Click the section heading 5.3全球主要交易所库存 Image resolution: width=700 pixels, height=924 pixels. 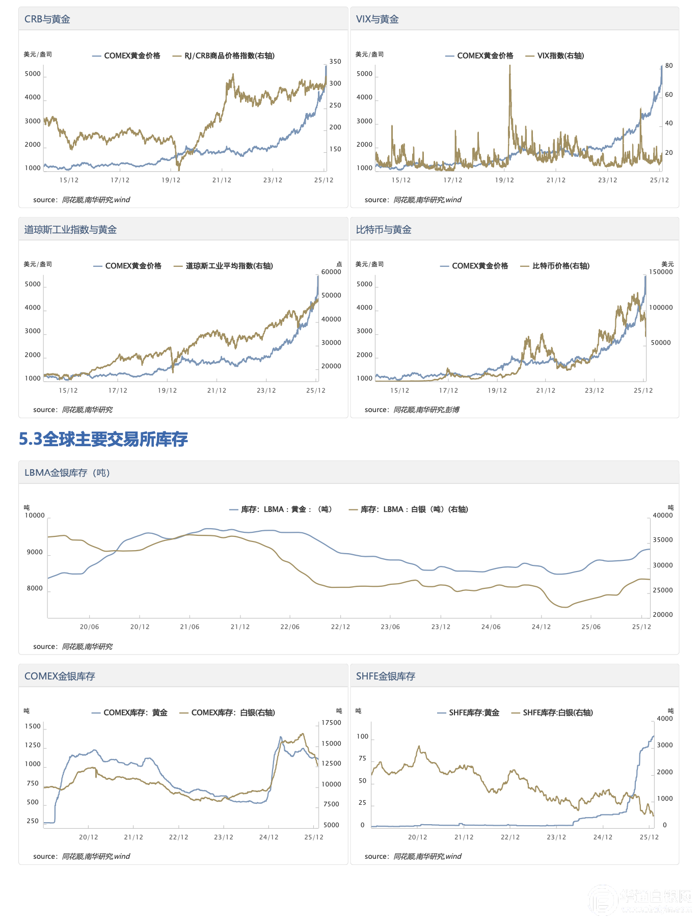click(x=103, y=439)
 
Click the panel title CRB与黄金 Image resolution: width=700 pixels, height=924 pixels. click(x=47, y=19)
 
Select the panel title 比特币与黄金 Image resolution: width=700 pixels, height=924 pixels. click(x=384, y=230)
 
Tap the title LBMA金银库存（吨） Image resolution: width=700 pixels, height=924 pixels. click(x=67, y=473)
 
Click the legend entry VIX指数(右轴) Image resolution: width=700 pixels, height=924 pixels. click(x=560, y=56)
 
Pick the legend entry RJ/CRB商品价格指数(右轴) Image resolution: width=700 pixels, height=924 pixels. click(x=229, y=56)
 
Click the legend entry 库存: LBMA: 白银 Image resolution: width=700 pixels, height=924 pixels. click(x=414, y=509)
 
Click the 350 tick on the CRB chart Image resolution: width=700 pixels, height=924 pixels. click(x=335, y=62)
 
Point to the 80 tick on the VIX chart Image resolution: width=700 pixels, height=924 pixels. click(x=669, y=66)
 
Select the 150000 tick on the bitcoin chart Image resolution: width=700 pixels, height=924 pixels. click(x=661, y=272)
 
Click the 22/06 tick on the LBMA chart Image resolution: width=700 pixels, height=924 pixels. click(x=290, y=627)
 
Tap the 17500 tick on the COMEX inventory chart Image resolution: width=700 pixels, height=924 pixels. click(x=331, y=723)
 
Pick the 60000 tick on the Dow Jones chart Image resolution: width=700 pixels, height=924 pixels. click(x=331, y=272)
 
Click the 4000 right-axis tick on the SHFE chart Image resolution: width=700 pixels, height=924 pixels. click(x=665, y=719)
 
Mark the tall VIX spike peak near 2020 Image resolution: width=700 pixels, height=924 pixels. click(x=509, y=66)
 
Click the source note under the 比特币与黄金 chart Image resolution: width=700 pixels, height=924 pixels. click(x=412, y=410)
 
